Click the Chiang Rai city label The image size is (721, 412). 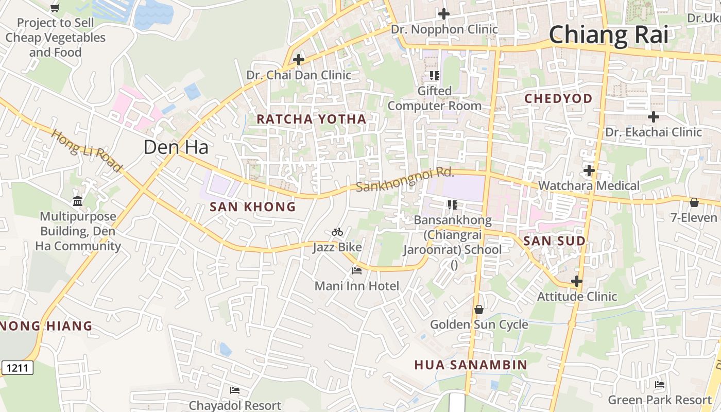tap(608, 35)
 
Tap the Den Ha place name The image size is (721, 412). tap(176, 147)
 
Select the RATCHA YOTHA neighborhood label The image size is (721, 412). tap(311, 119)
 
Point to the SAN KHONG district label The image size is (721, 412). tap(252, 207)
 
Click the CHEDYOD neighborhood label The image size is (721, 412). tap(558, 98)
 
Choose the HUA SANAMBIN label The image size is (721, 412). tap(471, 365)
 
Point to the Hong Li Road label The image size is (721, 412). tap(87, 150)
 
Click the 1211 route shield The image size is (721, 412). tap(18, 368)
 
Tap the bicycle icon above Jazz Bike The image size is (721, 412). tap(337, 232)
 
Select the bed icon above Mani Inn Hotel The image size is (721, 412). tap(357, 270)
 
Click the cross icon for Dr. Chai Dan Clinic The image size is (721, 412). tap(298, 60)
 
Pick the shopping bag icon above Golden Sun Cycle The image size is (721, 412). tap(479, 310)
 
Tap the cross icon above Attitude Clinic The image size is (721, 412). tap(577, 281)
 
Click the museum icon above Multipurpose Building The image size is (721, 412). tap(78, 201)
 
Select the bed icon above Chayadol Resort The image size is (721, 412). tap(235, 390)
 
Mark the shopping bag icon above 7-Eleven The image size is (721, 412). tap(694, 202)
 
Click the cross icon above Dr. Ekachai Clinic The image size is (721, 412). tap(653, 117)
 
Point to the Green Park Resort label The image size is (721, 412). tap(660, 400)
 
